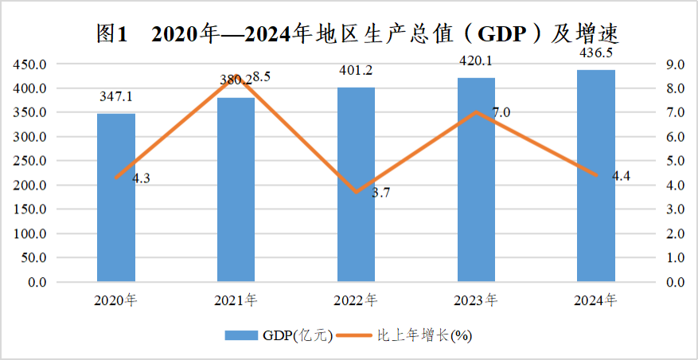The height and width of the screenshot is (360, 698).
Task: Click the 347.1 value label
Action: (x=116, y=96)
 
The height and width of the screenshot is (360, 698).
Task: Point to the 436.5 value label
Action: (x=596, y=53)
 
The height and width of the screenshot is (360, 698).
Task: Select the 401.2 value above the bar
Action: (x=356, y=70)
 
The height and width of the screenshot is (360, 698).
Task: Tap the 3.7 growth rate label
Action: (x=381, y=193)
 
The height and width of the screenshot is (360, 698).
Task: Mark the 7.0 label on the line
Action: (x=501, y=113)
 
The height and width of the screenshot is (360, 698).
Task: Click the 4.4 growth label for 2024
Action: (x=622, y=177)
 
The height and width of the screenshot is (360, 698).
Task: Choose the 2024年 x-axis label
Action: (x=596, y=301)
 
